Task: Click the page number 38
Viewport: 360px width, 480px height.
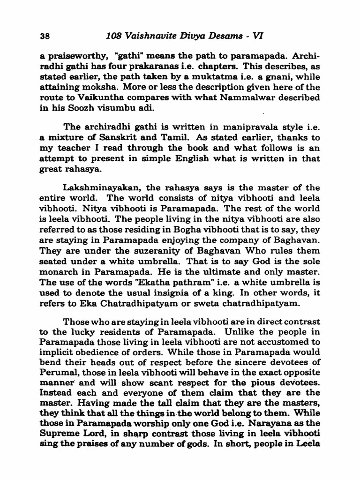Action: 45,36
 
